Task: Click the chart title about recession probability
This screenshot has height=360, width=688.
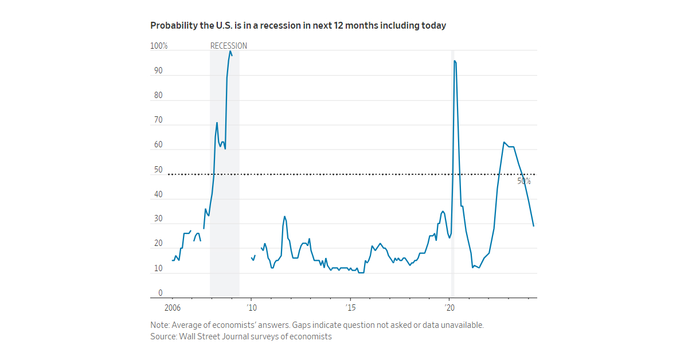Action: click(298, 26)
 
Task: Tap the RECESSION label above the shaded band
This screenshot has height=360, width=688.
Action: click(229, 46)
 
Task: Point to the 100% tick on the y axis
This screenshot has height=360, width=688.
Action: click(159, 46)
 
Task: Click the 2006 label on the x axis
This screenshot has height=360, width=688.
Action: click(172, 307)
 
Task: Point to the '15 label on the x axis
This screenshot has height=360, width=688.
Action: click(350, 307)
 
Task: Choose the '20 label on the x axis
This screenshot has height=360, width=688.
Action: click(450, 307)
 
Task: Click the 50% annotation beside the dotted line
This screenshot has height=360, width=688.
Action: click(524, 181)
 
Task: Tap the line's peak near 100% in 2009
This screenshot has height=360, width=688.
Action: click(230, 51)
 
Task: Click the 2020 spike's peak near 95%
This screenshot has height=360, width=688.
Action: click(455, 61)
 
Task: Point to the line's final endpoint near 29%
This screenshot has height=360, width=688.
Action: click(534, 226)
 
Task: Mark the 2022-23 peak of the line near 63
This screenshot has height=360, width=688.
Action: click(504, 142)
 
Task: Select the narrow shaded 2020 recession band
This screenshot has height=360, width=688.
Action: click(452, 172)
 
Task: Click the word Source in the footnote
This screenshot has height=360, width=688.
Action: click(163, 336)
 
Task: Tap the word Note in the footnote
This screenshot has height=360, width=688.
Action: click(159, 324)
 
